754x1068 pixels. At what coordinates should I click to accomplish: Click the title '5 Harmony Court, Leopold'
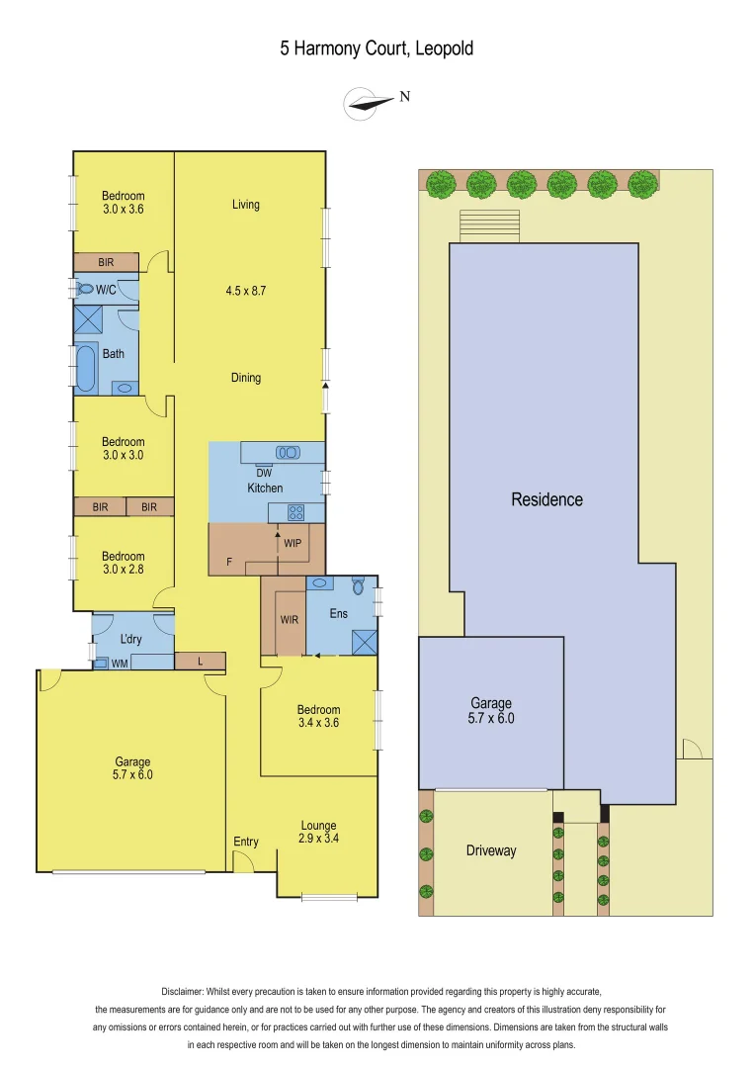coord(377,48)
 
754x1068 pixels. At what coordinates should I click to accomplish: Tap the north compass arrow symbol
coord(368,103)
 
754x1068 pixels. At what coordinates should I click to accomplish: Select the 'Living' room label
coord(246,205)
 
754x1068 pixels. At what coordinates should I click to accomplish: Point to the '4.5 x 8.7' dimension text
coord(246,291)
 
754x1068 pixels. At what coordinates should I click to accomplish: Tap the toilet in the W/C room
coord(83,289)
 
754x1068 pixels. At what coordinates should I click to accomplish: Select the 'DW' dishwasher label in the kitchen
coord(264,473)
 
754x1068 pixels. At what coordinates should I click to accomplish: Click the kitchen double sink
coord(288,452)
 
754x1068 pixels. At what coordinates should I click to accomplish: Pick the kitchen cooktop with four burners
coord(294,512)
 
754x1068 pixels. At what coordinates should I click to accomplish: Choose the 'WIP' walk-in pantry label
coord(293,543)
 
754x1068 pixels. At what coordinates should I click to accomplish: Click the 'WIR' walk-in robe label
coord(290,620)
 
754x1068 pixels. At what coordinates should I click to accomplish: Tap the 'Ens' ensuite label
coord(339,614)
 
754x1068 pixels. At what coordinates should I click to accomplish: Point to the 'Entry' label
coord(246,842)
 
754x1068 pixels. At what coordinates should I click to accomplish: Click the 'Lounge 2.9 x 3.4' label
coord(318,833)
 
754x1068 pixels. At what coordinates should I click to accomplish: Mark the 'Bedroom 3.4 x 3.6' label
coord(318,716)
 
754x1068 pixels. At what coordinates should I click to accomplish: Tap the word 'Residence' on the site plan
coord(546,499)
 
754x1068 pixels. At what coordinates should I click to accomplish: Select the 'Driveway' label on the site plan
coord(491,850)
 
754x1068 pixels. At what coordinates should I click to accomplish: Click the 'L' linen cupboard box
coord(201,661)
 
